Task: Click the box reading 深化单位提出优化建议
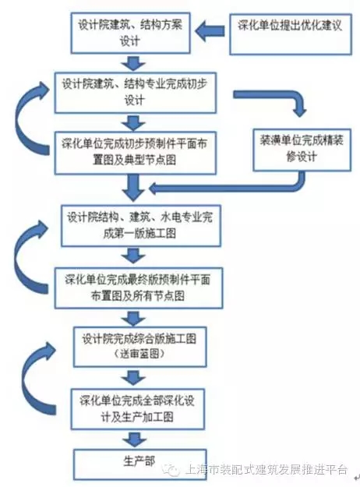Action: click(x=291, y=34)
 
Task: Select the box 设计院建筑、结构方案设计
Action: click(x=130, y=33)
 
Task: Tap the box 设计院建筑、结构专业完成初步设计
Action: click(x=136, y=93)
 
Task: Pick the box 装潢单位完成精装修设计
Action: click(x=302, y=150)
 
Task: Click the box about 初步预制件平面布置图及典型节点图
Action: click(x=136, y=153)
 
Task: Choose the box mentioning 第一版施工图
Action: click(x=141, y=226)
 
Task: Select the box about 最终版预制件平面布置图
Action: click(x=139, y=288)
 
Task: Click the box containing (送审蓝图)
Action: click(x=140, y=347)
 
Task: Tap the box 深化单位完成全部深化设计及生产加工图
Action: click(x=138, y=409)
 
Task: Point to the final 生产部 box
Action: click(x=139, y=464)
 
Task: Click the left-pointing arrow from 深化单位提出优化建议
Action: click(x=210, y=31)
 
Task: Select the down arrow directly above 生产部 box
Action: click(x=134, y=439)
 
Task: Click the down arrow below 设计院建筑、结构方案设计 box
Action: click(x=133, y=63)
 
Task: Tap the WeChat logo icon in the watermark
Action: click(x=171, y=469)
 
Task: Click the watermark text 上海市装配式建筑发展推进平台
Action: click(x=266, y=470)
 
